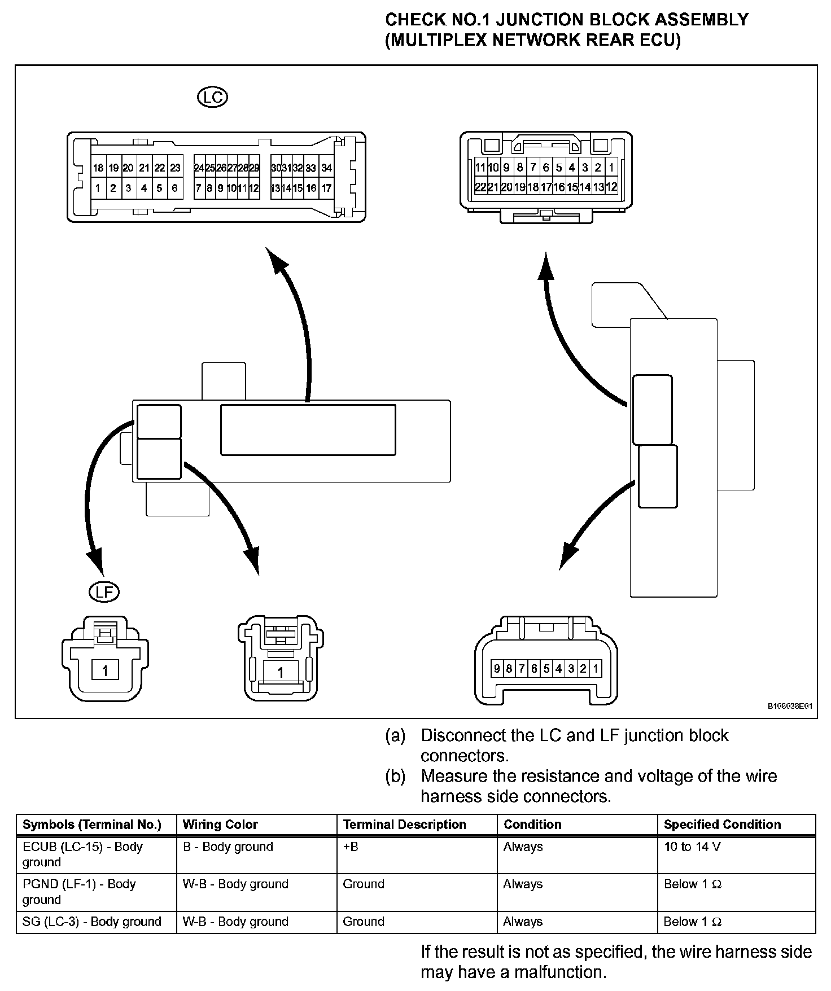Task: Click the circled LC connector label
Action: [x=212, y=98]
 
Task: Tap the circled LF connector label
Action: [x=104, y=591]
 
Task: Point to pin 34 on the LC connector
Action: [x=326, y=168]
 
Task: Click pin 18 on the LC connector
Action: [x=98, y=168]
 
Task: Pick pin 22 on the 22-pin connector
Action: [x=480, y=187]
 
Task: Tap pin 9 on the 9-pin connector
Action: [x=497, y=669]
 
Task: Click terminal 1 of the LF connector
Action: [x=105, y=670]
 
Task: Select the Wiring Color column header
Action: [x=220, y=825]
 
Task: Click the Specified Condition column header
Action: [x=722, y=825]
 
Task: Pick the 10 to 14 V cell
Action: [x=692, y=847]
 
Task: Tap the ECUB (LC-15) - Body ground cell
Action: [x=82, y=854]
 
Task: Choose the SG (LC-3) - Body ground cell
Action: [x=91, y=922]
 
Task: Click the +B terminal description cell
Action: [x=351, y=847]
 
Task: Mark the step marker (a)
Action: [x=395, y=735]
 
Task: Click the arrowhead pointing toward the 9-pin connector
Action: [x=568, y=555]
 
